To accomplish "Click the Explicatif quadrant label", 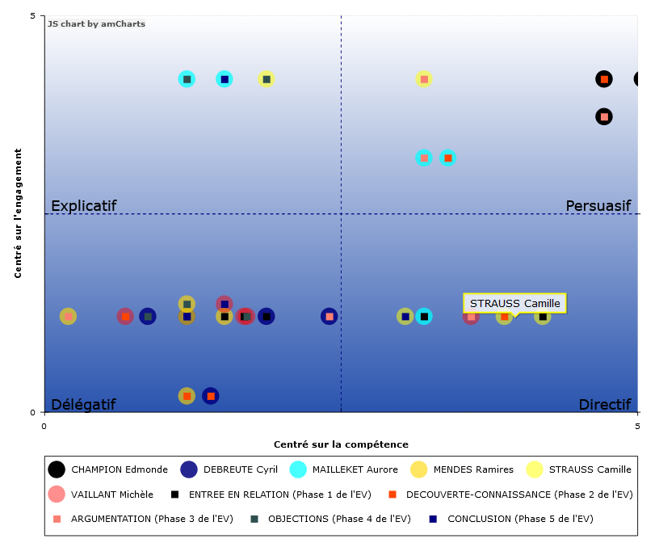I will pos(84,206).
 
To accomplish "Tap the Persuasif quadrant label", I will pos(598,206).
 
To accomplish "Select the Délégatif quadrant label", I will pos(83,404).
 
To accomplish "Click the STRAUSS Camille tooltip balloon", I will pos(514,303).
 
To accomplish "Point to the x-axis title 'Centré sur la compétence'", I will pos(341,444).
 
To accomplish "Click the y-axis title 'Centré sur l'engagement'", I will pos(18,213).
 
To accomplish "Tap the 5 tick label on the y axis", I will pos(32,16).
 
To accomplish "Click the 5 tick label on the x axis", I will pos(637,425).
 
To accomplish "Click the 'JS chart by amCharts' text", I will pos(96,24).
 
